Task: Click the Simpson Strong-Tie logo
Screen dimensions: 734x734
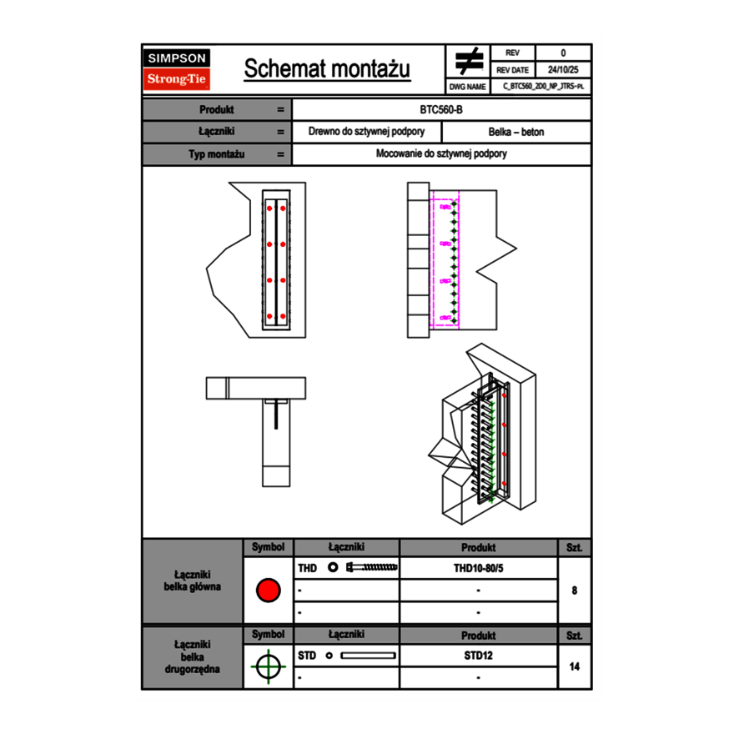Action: click(177, 69)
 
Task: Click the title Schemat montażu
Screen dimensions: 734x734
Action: click(327, 69)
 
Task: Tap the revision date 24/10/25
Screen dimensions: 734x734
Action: click(563, 70)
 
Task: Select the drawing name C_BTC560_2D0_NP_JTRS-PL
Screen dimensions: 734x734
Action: click(542, 86)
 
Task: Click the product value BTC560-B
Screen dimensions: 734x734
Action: click(441, 110)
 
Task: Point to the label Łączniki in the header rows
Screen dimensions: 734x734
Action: click(216, 132)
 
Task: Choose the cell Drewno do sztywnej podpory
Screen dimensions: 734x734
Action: click(366, 132)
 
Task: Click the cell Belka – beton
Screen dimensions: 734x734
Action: click(515, 132)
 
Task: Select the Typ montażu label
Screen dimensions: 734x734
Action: click(216, 154)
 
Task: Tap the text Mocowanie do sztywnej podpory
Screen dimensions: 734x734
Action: click(441, 154)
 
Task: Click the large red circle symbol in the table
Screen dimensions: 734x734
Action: click(268, 591)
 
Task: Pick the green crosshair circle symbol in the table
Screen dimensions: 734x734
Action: click(268, 666)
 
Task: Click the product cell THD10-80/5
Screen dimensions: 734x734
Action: click(478, 568)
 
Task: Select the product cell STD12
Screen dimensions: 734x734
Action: click(478, 656)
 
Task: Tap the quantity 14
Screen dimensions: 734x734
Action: click(574, 666)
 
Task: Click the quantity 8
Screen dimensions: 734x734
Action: click(574, 591)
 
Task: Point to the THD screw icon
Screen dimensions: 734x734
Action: click(372, 568)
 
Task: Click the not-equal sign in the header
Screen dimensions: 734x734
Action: click(469, 61)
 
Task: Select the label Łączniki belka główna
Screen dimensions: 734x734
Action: click(193, 581)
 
